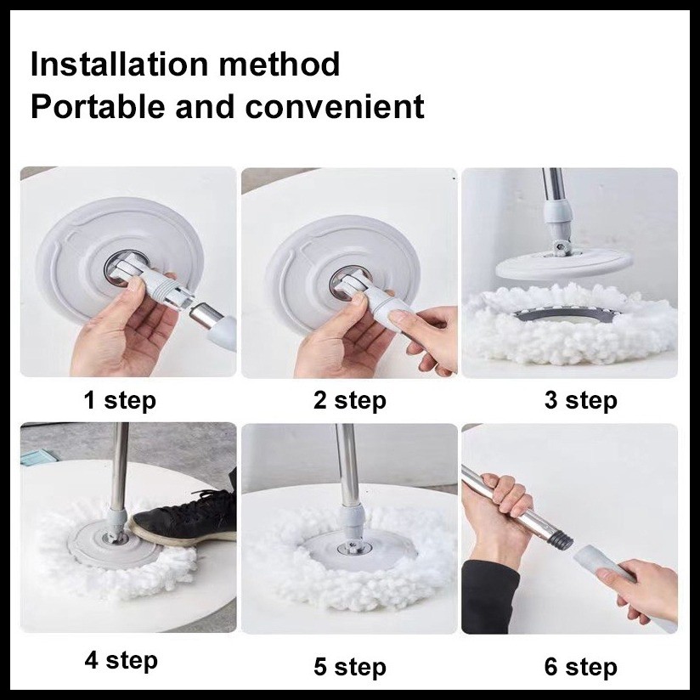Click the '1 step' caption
120,400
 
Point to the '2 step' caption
349,400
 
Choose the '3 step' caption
580,400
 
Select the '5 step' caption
349,667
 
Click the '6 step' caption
581,667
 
